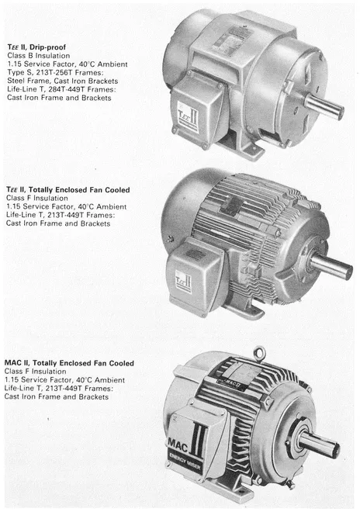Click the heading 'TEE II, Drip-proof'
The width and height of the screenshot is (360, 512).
tap(36, 47)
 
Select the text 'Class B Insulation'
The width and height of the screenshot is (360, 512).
tap(39, 56)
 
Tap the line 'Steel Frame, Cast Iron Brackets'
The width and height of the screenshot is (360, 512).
tap(62, 81)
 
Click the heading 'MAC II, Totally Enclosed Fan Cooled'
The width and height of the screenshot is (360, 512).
tap(69, 363)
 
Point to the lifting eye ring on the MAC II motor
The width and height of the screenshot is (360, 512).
tap(259, 353)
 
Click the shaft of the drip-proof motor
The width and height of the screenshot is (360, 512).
tap(324, 106)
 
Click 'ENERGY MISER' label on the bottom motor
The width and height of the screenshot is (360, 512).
tap(185, 462)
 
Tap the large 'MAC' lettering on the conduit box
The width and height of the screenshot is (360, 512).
tap(178, 445)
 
